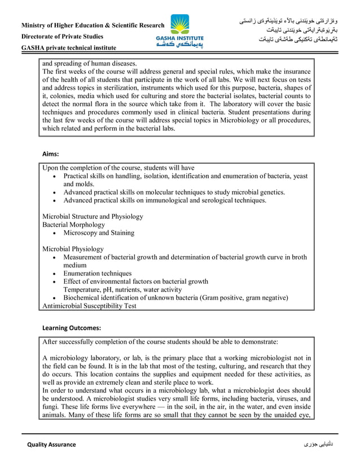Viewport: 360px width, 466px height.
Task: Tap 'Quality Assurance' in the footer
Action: tap(51, 445)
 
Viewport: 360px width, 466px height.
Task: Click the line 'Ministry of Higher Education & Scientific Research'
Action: tap(93, 25)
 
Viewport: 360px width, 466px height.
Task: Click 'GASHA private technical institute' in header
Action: tap(68, 48)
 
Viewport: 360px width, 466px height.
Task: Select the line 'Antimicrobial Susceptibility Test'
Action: tap(89, 306)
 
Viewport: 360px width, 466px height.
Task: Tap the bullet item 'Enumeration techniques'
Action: tap(97, 274)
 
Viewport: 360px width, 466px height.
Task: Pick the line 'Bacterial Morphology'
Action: tap(73, 225)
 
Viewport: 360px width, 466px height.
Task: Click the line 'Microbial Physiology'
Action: tap(73, 249)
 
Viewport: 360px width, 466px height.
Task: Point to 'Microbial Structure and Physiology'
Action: tap(93, 217)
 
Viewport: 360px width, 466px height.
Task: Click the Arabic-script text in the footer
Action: tap(318, 445)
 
